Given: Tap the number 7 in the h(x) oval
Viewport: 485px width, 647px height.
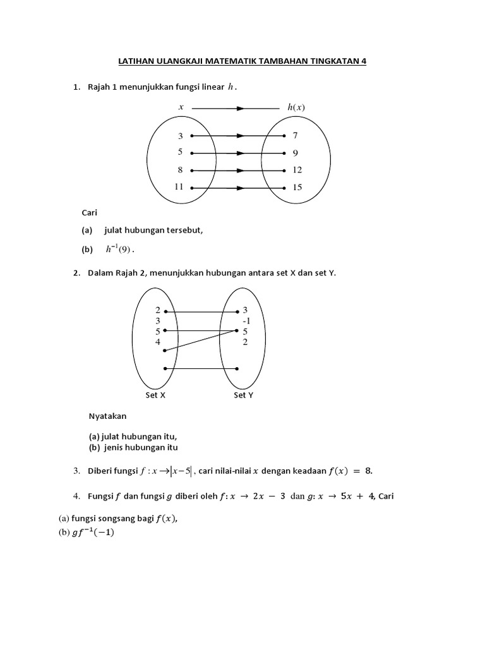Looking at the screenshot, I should [295, 136].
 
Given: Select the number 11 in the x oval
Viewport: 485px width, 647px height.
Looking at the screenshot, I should [179, 187].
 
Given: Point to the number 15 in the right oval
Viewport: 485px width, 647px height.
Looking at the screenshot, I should [297, 187].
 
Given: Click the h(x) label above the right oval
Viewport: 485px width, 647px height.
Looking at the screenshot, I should [296, 107].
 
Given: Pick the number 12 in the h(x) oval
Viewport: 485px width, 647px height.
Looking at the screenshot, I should [297, 170].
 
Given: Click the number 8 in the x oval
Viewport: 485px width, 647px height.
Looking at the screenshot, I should [181, 170].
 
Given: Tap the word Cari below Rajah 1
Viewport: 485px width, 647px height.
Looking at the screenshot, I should [90, 213].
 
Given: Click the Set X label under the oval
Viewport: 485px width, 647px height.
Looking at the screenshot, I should [155, 396].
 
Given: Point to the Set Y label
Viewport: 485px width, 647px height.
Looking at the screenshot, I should [244, 396].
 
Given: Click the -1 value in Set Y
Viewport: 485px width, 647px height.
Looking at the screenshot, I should [246, 320].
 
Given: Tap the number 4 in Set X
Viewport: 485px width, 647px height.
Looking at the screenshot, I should [158, 342].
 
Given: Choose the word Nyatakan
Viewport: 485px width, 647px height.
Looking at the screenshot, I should [107, 416].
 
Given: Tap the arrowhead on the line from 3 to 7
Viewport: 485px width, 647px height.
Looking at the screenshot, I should [239, 136].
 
